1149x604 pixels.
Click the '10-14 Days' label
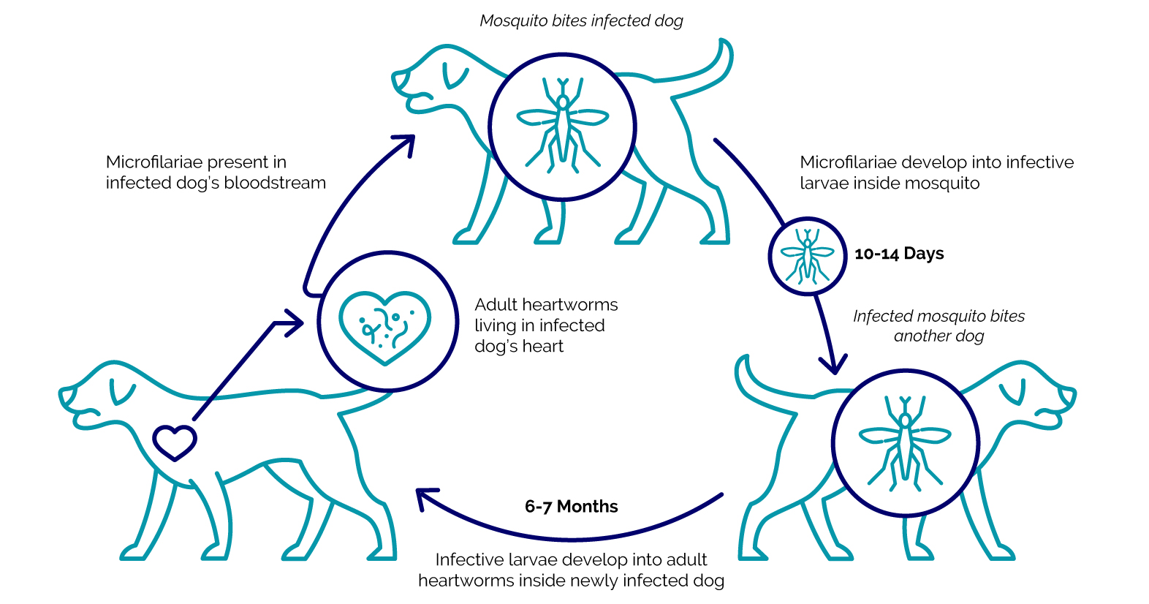pos(899,254)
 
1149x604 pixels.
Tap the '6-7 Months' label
pos(571,507)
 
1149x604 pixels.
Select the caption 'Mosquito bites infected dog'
pos(581,20)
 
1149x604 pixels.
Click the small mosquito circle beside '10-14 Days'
pos(807,256)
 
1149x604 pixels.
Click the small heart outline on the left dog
pos(175,442)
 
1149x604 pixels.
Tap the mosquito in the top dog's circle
pos(562,125)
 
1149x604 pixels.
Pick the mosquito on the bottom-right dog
pos(905,442)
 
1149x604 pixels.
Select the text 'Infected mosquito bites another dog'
pos(938,326)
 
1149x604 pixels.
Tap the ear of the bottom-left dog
pos(121,393)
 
